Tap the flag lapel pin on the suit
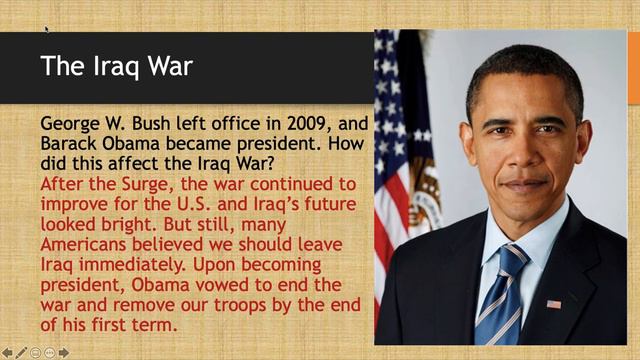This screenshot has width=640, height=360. pos(553,303)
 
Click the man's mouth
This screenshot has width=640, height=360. pos(524,186)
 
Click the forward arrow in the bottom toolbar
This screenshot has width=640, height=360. pos(64,352)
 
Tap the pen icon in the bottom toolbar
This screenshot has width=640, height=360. pos(21,352)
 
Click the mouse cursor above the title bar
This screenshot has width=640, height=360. pos(46,29)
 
